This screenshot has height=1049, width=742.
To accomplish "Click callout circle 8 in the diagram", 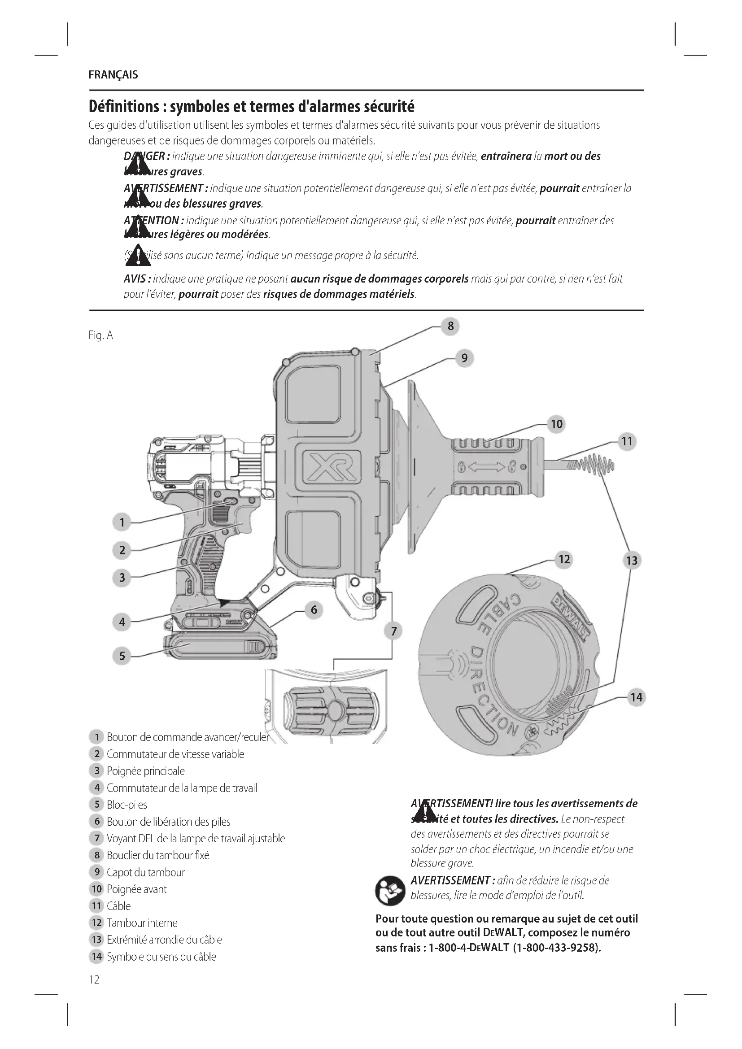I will coord(450,326).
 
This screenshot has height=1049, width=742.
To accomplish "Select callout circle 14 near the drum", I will coord(637,697).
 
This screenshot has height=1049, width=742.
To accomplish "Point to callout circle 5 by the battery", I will coord(122,656).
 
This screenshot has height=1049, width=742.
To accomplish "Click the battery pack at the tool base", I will coord(219,647).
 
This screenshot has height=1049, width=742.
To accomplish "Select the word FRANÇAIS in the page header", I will coord(113,75).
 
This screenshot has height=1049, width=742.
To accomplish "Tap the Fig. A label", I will coord(100,335).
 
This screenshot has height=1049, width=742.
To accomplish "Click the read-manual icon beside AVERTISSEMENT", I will coord(390,891).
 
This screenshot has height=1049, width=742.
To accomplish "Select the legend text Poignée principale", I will coord(146,771).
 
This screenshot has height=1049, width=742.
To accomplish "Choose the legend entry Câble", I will coord(118,906).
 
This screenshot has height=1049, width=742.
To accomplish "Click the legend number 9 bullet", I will coord(96,872).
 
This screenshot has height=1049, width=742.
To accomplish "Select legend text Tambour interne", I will coord(142,923).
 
